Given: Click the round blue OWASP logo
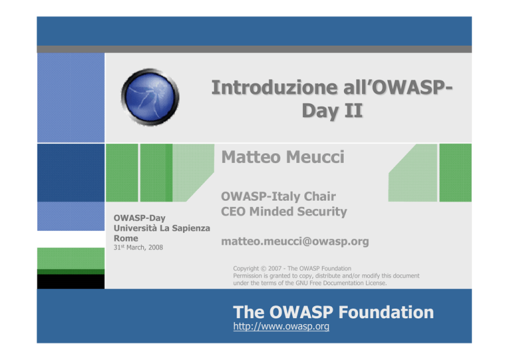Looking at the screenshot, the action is tap(150, 97).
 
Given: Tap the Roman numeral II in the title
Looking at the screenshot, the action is tap(353, 110).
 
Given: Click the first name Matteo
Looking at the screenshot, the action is tap(251, 157).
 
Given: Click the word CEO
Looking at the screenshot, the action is tap(233, 211).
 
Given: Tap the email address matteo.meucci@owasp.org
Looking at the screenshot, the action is tap(295, 241).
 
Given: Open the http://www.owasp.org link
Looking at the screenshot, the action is tap(281, 326).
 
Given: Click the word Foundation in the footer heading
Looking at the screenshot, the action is tap(386, 312).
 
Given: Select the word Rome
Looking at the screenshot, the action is tap(126, 238).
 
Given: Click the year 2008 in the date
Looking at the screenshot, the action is tap(156, 247).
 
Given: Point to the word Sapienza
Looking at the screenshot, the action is tap(191, 228).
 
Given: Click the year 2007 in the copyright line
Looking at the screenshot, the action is tap(274, 269).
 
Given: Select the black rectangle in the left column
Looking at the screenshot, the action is tap(71, 282).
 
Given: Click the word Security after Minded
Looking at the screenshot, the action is tap(322, 211).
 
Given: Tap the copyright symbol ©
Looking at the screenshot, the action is tap(263, 269).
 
